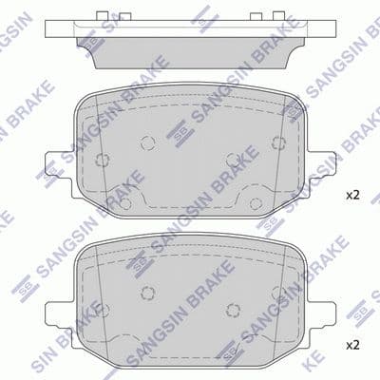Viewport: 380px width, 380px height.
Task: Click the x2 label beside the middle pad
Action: tap(352, 196)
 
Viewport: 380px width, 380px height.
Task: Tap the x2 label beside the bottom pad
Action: tap(352, 345)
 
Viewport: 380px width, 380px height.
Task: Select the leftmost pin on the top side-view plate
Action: tap(102, 16)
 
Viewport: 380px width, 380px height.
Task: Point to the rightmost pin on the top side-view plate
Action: tap(278, 16)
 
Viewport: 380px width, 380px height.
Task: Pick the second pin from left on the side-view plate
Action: tap(125, 17)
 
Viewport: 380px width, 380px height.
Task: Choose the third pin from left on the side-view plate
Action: tap(256, 17)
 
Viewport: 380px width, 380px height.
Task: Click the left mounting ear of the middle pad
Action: tap(60, 175)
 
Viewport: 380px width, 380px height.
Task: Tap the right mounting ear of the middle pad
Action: tap(321, 175)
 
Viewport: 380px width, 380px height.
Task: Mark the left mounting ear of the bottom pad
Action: tap(60, 325)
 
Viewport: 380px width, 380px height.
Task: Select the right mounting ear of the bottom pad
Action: tap(321, 325)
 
